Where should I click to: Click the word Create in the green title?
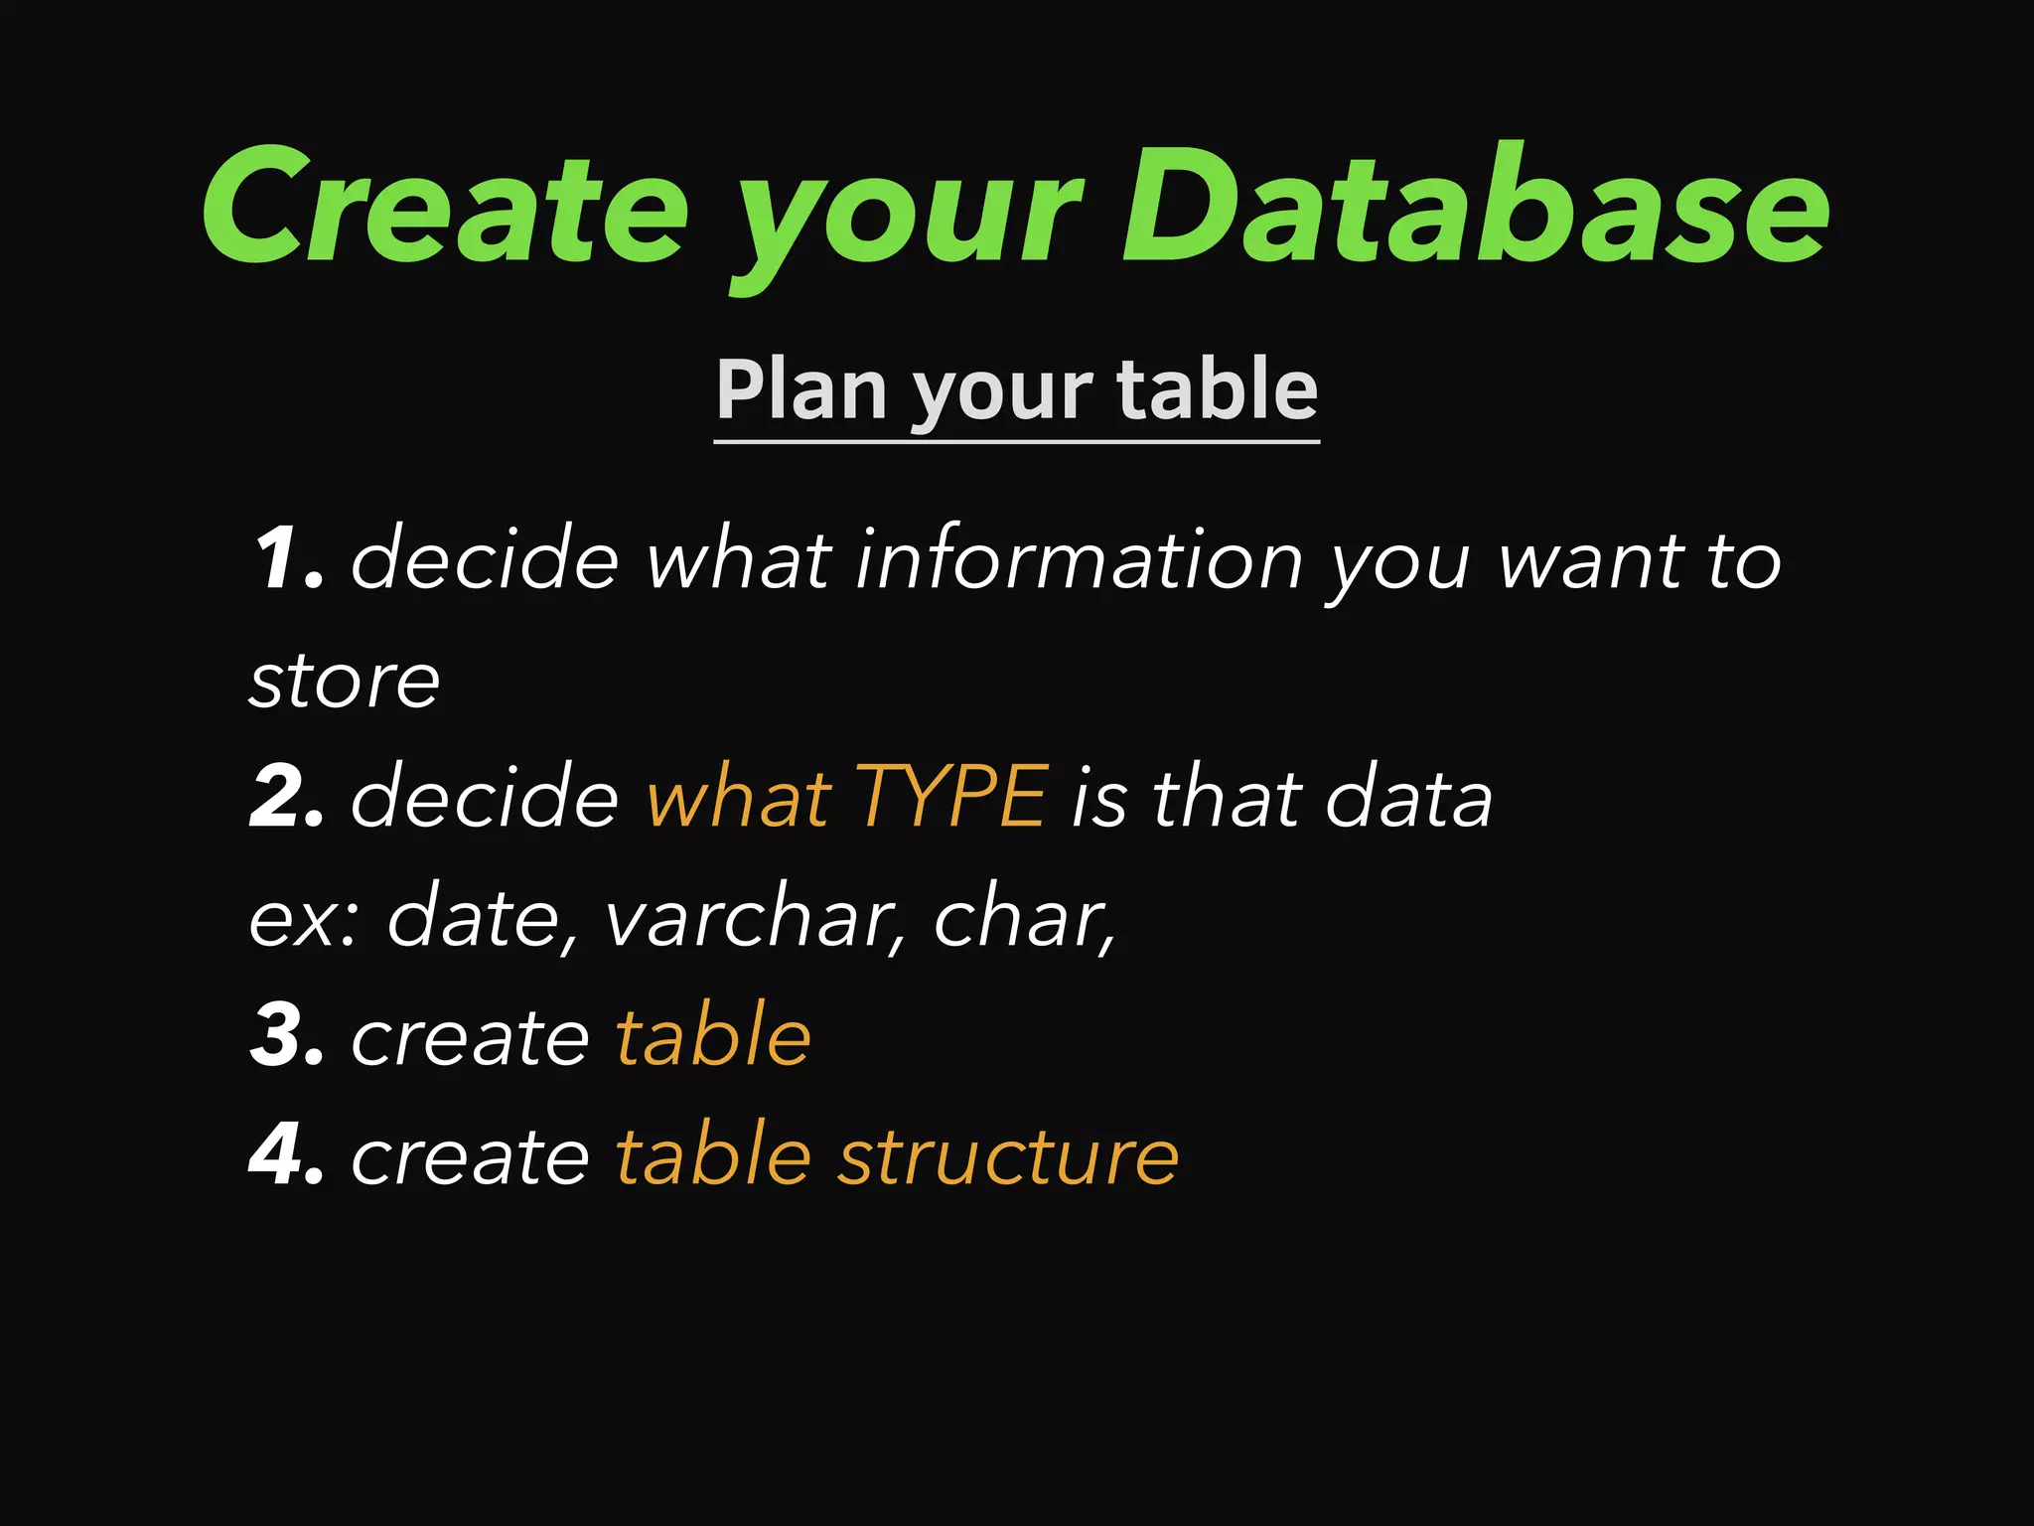click(445, 207)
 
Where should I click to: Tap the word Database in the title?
click(1476, 207)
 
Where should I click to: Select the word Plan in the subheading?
click(800, 389)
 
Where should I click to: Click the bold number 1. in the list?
click(287, 559)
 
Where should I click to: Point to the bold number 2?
click(287, 798)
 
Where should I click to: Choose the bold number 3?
click(287, 1036)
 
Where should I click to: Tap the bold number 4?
click(287, 1155)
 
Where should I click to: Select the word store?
click(344, 681)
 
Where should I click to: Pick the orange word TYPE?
click(950, 798)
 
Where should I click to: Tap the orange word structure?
click(1008, 1155)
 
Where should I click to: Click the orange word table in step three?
click(713, 1036)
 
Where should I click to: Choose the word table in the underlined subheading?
click(1218, 389)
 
